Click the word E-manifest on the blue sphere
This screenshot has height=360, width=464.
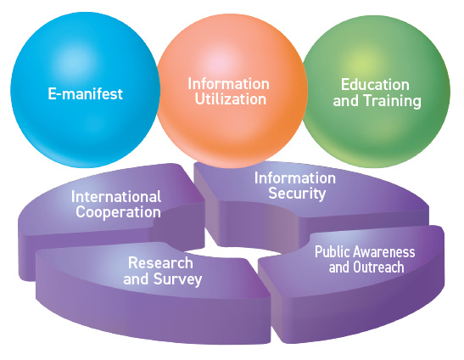tap(85, 93)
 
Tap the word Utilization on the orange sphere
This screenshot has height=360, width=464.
tap(231, 99)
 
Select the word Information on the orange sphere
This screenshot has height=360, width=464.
tap(229, 83)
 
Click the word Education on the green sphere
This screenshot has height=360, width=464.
tap(375, 84)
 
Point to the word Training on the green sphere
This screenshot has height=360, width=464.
tap(393, 101)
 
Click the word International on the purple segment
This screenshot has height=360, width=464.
tap(116, 196)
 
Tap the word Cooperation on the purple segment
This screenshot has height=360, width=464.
tap(119, 212)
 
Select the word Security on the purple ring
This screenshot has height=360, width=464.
tap(297, 194)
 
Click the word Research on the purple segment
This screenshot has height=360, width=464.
tap(160, 263)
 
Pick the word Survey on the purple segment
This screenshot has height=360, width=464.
tap(178, 279)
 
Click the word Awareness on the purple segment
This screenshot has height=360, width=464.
tap(384, 252)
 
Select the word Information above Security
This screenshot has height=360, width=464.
tap(295, 178)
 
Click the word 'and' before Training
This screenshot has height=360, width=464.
tap(346, 101)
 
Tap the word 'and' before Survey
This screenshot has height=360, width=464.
tap(136, 279)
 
